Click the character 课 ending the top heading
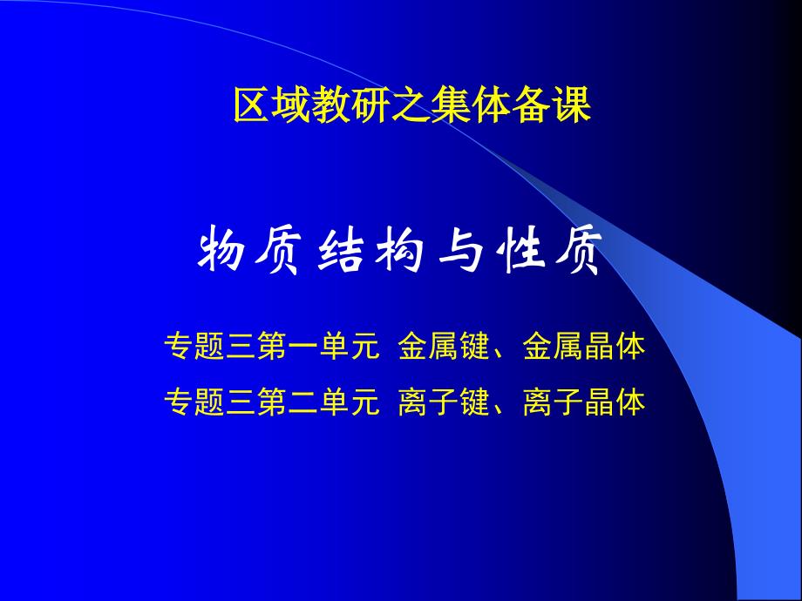(572, 106)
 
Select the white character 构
(402, 253)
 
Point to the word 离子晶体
(584, 403)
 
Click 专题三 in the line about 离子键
(207, 403)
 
